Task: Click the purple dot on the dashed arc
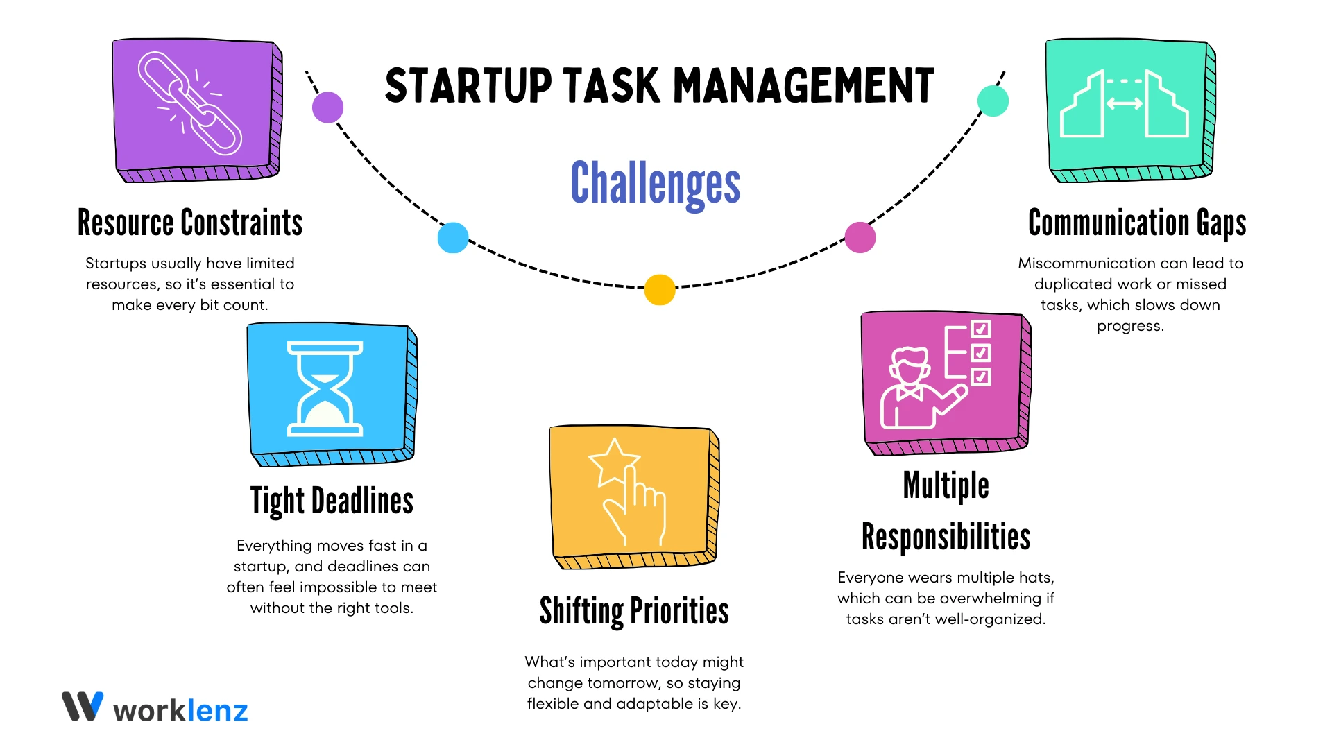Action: (327, 107)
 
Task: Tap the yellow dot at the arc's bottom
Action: (660, 290)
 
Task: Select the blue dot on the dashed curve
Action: (453, 238)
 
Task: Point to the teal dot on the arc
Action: (993, 101)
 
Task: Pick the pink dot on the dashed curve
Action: (860, 237)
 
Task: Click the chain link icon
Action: (190, 103)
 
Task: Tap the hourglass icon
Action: (325, 389)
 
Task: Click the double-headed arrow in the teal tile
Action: (1124, 104)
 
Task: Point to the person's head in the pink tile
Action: (910, 365)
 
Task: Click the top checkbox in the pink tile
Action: (981, 329)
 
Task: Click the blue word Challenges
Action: (655, 183)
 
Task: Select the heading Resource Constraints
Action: (190, 223)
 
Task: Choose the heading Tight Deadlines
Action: (332, 501)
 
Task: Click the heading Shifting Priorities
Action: (634, 611)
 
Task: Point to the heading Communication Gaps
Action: (1137, 223)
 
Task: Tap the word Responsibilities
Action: (946, 537)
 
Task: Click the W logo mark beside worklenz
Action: (83, 706)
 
